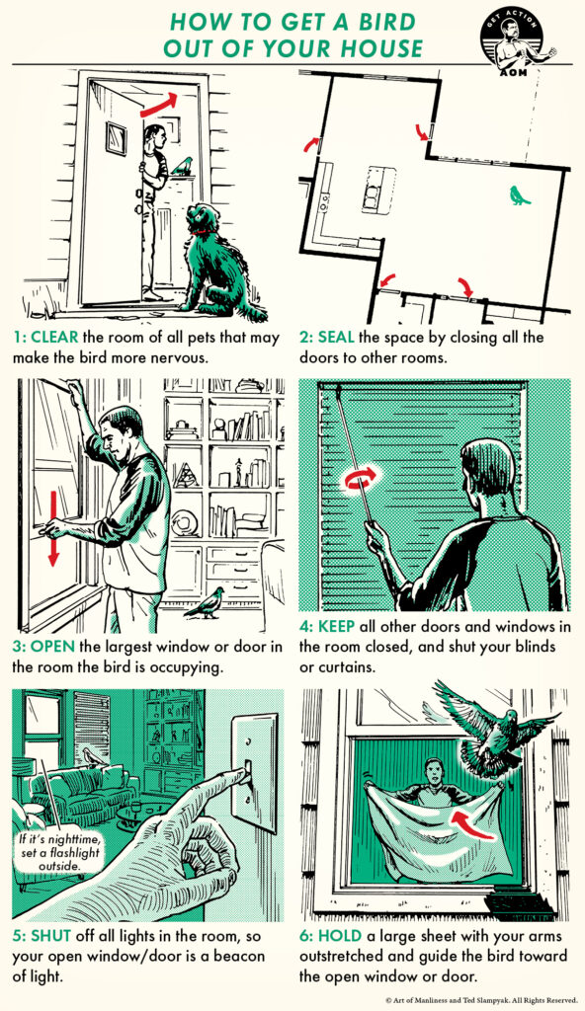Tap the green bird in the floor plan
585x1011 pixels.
click(519, 195)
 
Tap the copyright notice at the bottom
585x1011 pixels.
click(481, 999)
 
